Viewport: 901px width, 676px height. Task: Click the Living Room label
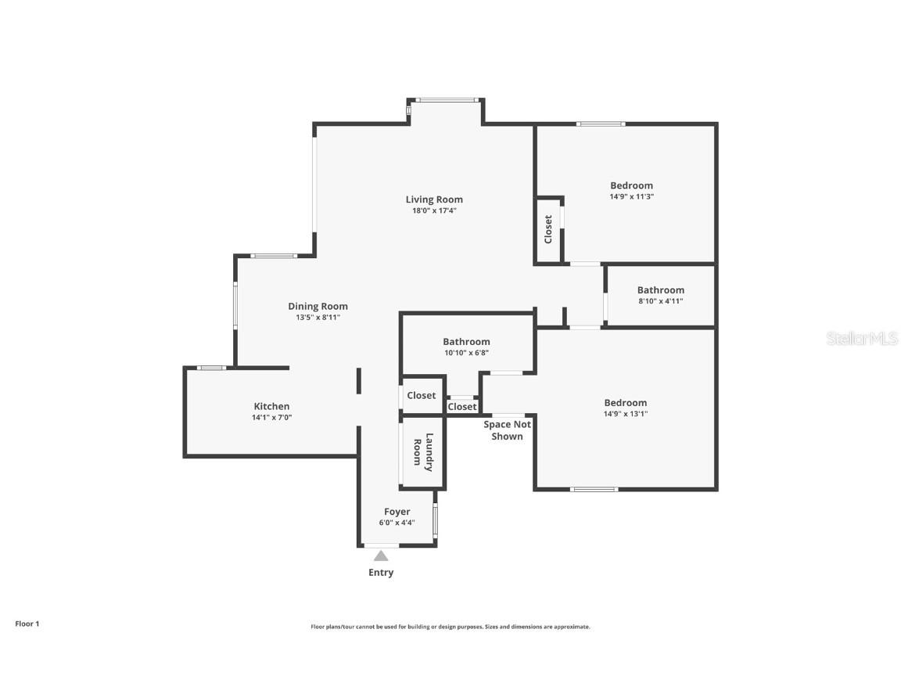[434, 200]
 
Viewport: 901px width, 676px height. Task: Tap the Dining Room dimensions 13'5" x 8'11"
[318, 318]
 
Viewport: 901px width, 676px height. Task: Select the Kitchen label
[271, 406]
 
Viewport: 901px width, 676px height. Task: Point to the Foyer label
[397, 512]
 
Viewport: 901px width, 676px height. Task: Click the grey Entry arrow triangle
[381, 556]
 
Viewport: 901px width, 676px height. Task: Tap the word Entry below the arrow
[381, 573]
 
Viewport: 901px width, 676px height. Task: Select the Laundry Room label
[422, 452]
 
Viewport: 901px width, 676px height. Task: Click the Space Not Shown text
[507, 430]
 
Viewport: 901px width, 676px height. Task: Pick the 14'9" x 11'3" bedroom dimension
[631, 197]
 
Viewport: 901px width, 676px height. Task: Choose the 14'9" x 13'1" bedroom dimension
[625, 414]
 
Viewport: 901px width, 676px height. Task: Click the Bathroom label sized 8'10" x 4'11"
[660, 289]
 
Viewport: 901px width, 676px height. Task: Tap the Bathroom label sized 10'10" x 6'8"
[466, 341]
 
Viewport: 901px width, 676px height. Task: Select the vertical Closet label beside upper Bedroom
[548, 228]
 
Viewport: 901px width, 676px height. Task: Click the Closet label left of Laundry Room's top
[422, 395]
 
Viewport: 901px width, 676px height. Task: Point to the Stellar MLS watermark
[861, 338]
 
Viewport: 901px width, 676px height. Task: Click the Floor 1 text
[27, 624]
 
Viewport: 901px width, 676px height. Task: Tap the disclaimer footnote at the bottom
[450, 627]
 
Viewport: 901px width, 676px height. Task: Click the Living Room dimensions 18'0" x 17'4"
[434, 210]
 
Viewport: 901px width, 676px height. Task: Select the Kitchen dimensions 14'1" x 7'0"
[271, 418]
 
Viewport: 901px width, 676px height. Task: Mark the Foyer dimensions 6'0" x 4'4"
[397, 523]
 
